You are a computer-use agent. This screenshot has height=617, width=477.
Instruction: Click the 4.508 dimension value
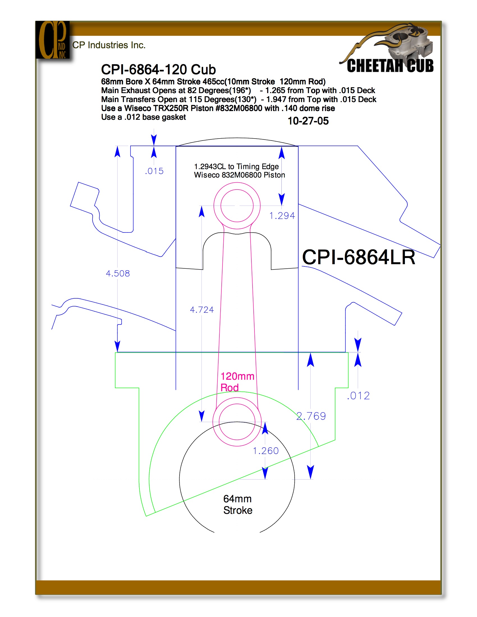(x=118, y=273)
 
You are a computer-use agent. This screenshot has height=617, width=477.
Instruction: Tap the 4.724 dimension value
(x=202, y=310)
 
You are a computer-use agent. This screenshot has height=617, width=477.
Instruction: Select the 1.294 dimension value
(x=282, y=216)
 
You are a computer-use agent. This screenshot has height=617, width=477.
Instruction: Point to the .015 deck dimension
(x=154, y=171)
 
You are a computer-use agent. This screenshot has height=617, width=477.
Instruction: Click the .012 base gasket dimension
(x=358, y=396)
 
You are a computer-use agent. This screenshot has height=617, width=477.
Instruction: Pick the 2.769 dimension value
(x=311, y=416)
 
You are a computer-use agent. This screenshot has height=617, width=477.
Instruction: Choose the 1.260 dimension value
(x=266, y=451)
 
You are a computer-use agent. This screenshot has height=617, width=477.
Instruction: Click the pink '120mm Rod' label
(x=237, y=382)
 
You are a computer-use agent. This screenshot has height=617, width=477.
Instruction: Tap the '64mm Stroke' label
(x=238, y=505)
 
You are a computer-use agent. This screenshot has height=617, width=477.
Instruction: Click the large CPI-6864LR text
(x=359, y=257)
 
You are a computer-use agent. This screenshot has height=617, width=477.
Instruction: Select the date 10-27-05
(x=308, y=121)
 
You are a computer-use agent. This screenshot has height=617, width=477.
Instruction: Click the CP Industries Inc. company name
(x=109, y=45)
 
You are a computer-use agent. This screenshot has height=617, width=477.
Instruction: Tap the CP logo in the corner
(x=52, y=40)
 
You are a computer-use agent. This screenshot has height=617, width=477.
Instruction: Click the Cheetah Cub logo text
(x=390, y=66)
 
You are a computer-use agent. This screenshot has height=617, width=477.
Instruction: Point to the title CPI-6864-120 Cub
(x=158, y=70)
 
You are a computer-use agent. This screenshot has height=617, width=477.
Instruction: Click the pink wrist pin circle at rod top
(x=237, y=183)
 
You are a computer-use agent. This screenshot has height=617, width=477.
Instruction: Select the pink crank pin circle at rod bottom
(x=237, y=398)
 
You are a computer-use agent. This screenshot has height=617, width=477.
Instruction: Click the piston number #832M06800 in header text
(x=239, y=108)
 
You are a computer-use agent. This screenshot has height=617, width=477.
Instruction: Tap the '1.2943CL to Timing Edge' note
(x=236, y=166)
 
